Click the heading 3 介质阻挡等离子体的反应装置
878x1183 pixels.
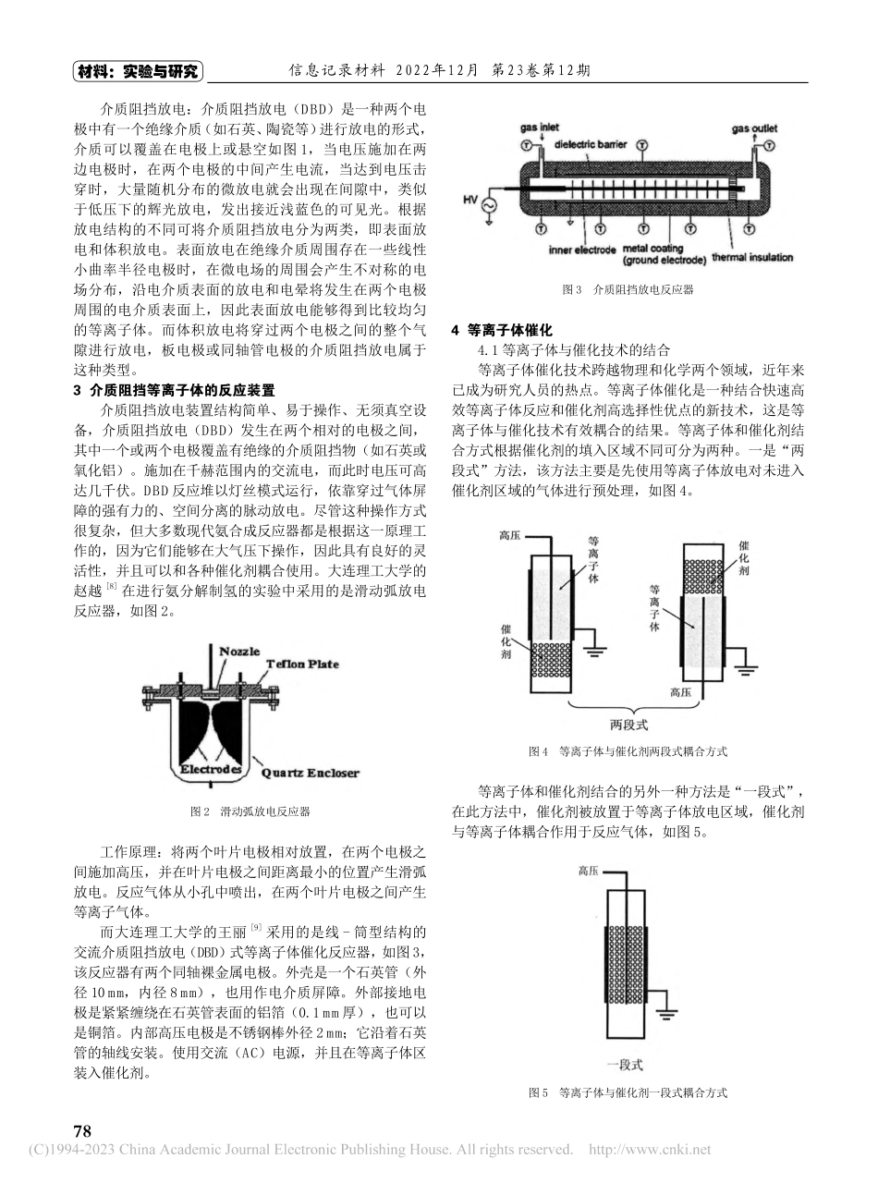[x=174, y=390]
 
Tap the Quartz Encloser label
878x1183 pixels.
[x=311, y=773]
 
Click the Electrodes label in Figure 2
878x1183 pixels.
[x=213, y=769]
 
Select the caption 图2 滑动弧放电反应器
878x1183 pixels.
[x=250, y=812]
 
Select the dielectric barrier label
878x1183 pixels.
[x=597, y=145]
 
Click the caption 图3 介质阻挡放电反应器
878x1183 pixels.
[x=628, y=289]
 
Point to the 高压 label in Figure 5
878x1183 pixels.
[x=590, y=871]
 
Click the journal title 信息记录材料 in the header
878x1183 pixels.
[x=334, y=71]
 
